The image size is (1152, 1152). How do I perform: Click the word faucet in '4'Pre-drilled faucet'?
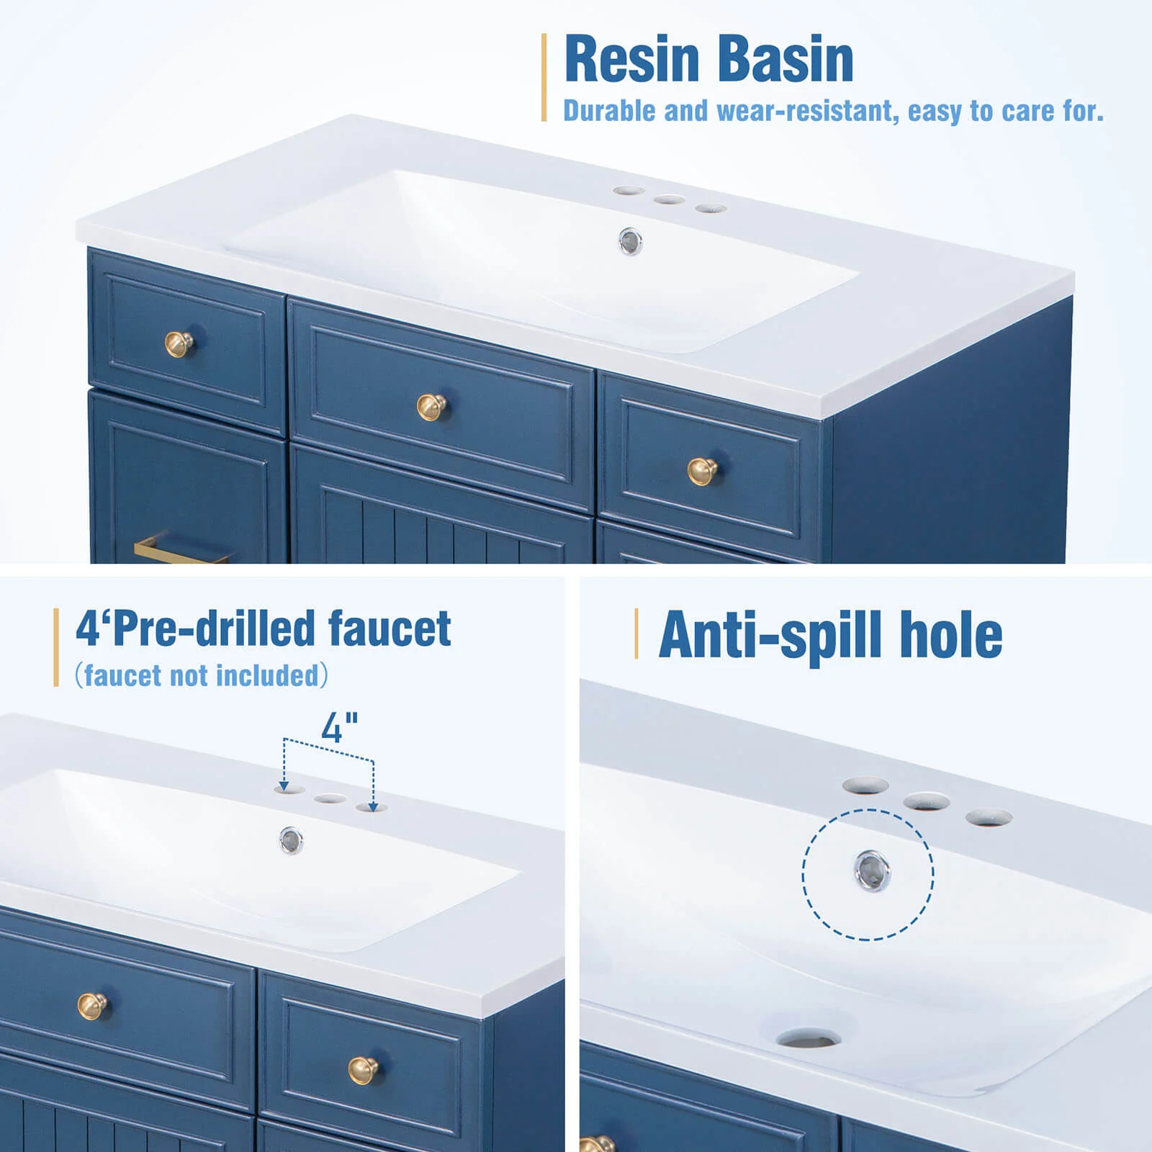(390, 628)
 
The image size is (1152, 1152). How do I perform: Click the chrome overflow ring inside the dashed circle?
(872, 871)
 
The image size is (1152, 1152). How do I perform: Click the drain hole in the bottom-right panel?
(809, 1038)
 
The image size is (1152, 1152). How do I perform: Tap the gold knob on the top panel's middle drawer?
(432, 407)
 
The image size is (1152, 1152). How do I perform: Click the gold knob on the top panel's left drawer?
(179, 343)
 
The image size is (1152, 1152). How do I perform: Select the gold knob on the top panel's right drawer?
(702, 472)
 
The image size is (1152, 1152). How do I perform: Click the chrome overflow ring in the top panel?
(631, 241)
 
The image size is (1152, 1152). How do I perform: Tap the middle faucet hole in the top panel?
(670, 199)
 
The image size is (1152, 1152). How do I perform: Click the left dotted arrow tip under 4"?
(285, 787)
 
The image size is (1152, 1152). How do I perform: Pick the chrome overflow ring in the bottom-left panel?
(291, 840)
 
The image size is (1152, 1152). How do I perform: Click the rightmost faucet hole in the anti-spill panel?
(989, 818)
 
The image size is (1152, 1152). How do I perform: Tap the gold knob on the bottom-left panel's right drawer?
(364, 1070)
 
